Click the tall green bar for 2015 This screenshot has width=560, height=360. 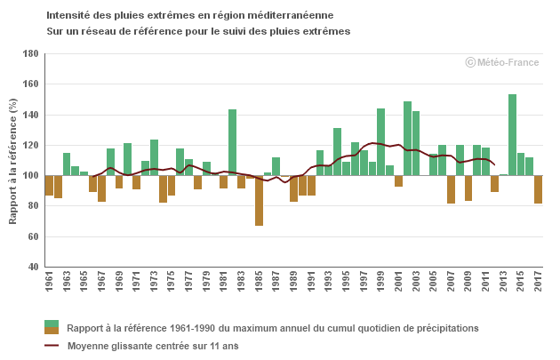click(x=512, y=134)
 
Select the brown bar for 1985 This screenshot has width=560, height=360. click(x=259, y=200)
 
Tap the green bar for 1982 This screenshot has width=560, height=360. click(x=233, y=142)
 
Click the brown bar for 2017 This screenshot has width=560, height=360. click(x=539, y=189)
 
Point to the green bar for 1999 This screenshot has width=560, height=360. click(x=380, y=141)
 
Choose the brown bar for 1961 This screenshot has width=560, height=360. click(x=49, y=185)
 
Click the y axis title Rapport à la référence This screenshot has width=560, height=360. click(x=12, y=161)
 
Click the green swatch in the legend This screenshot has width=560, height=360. click(x=52, y=324)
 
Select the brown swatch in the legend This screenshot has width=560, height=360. click(x=52, y=331)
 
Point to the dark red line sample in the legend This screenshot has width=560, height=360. click(x=52, y=345)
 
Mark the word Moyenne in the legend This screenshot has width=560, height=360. click(x=88, y=345)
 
